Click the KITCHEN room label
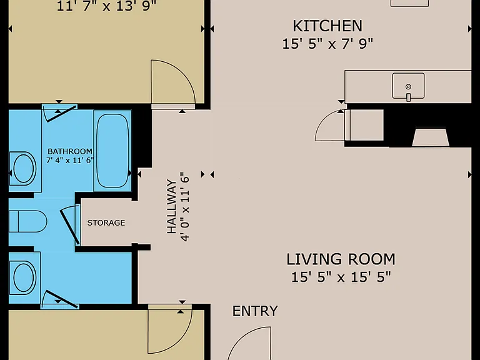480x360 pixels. pos(327,26)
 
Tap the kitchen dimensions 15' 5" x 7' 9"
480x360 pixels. pos(327,44)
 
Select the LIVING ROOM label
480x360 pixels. pos(341,259)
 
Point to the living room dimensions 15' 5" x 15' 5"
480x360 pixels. pos(341,277)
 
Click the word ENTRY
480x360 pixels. pos(255,311)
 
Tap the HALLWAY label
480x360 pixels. pos(172,207)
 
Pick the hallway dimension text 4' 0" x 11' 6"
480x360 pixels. pos(185,207)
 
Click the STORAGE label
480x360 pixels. pos(106,222)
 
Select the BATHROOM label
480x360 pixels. pos(70,151)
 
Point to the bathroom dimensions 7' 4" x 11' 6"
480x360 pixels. pos(70,160)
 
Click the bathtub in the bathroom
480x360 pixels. pos(112,151)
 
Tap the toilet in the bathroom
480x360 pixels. pos(27,221)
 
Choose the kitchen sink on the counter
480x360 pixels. pos(408,86)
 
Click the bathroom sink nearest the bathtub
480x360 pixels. pos(23,168)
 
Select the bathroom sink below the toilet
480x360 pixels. pos(23,277)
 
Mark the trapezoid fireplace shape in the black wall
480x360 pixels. pos(431,137)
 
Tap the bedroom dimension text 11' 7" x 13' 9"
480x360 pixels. pos(106,6)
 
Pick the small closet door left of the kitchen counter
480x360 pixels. pos(330,126)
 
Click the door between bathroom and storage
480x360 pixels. pos(71,225)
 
